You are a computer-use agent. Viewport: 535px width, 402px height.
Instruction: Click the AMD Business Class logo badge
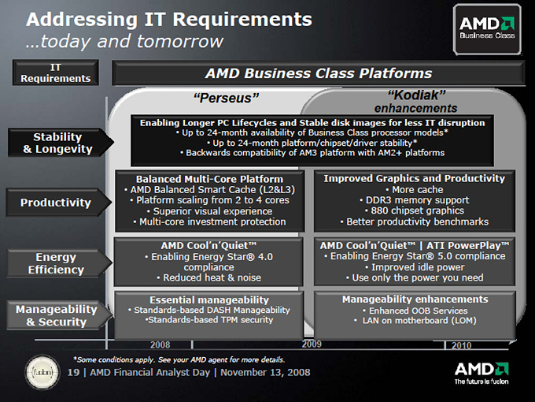click(x=487, y=29)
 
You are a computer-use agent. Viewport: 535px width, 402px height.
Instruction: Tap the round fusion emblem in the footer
click(x=42, y=372)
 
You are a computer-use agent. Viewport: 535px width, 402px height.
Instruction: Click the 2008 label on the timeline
click(x=160, y=344)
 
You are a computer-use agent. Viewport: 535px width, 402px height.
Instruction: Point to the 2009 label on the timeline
click(x=312, y=344)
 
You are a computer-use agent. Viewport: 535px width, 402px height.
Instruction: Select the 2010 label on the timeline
click(x=461, y=345)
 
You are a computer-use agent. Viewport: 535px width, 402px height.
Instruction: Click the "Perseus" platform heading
click(x=227, y=98)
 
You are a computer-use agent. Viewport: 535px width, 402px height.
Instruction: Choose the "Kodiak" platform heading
click(x=417, y=95)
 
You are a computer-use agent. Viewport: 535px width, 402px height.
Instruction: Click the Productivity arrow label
click(x=59, y=203)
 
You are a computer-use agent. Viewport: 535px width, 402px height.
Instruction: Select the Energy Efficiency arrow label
click(x=59, y=263)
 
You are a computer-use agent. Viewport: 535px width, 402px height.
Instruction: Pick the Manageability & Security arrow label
click(x=59, y=315)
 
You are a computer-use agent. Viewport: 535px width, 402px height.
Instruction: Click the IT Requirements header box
click(x=56, y=73)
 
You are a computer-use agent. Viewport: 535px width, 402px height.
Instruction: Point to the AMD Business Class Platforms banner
click(x=319, y=73)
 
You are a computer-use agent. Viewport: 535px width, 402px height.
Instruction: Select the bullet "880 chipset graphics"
click(x=414, y=210)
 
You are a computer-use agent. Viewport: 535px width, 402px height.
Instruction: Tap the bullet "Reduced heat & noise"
click(x=208, y=277)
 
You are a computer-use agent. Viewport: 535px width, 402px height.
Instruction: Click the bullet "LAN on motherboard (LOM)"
click(x=415, y=321)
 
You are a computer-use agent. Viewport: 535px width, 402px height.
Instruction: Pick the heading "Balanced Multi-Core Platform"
click(x=209, y=179)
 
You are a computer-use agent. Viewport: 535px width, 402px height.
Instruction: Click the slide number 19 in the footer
click(x=73, y=372)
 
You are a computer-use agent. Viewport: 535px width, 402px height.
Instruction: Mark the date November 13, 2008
click(x=265, y=373)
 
